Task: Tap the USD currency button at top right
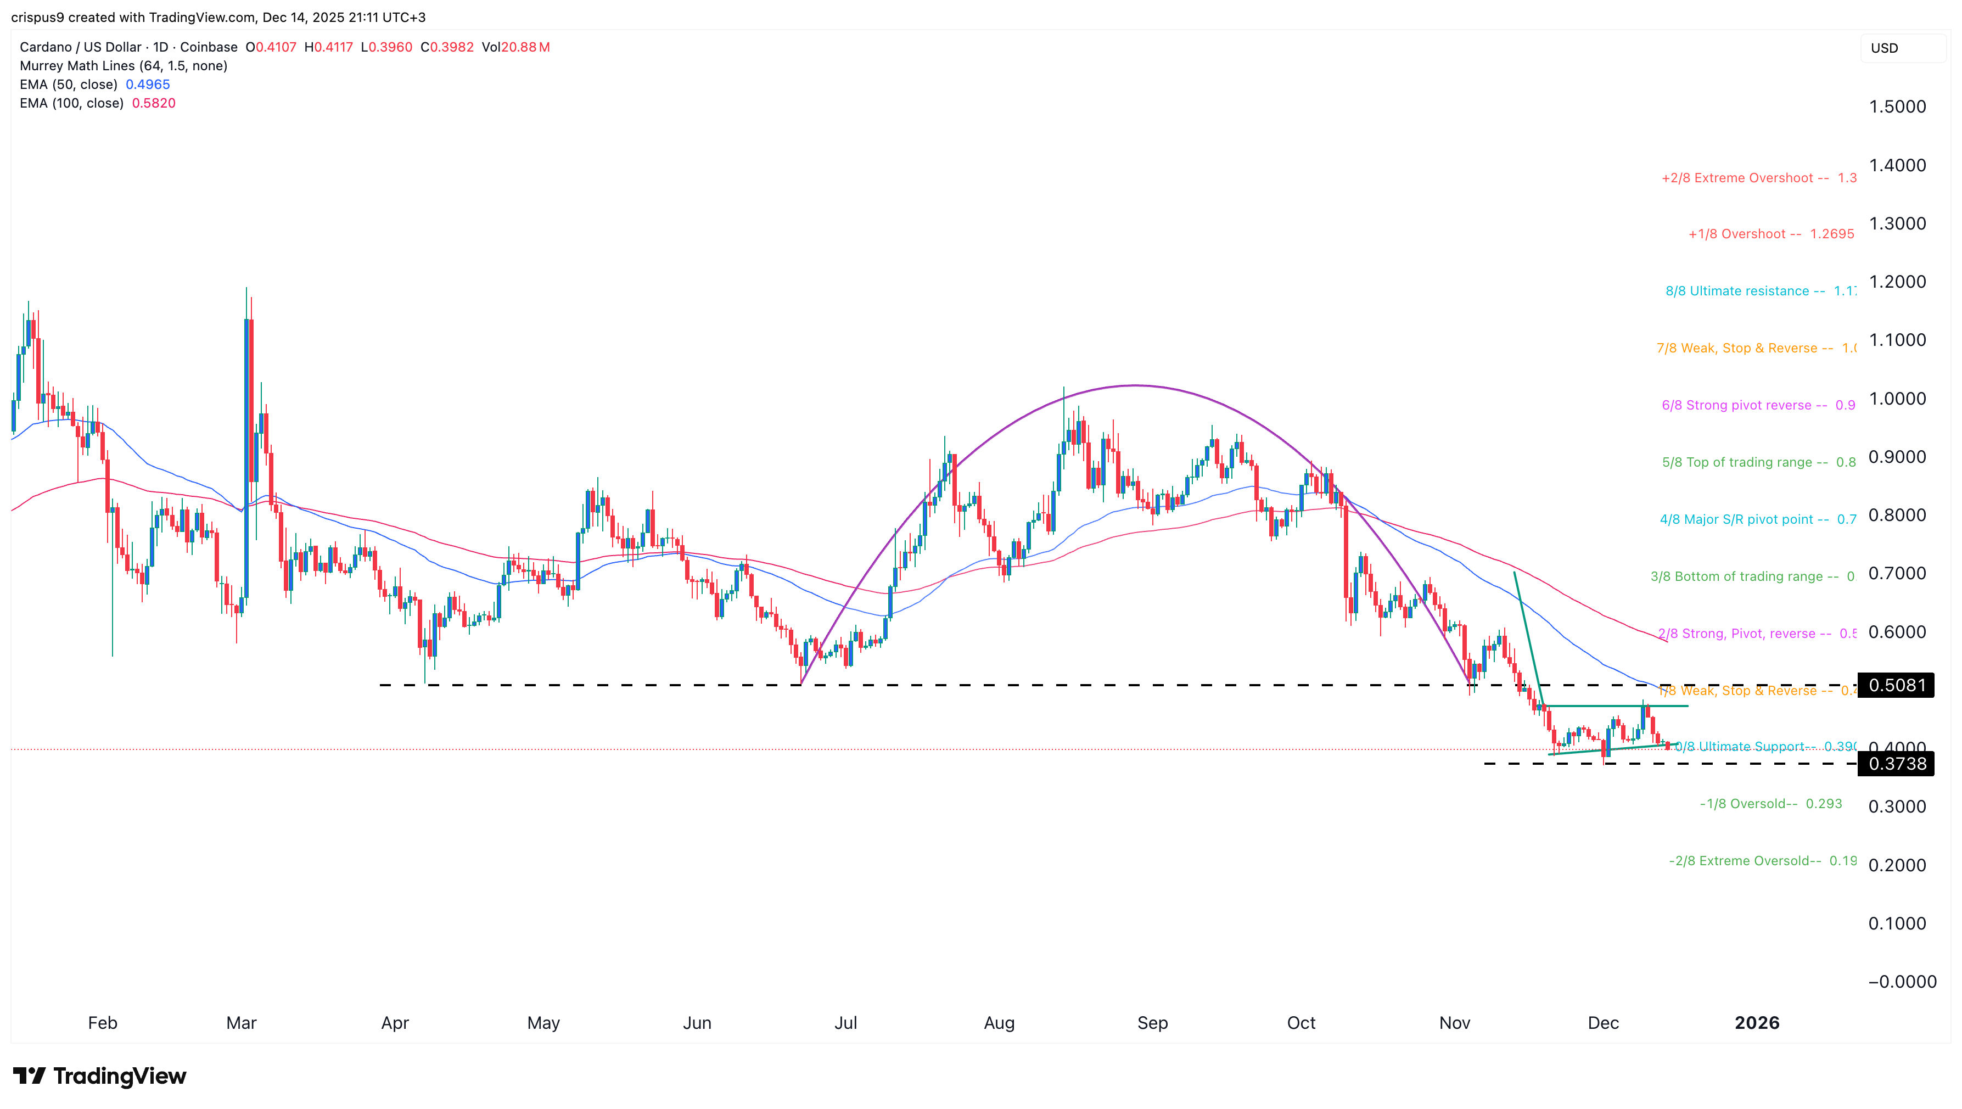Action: pos(1885,48)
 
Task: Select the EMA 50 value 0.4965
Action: pos(148,85)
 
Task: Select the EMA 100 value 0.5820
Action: pos(154,103)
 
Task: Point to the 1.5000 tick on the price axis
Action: pos(1897,107)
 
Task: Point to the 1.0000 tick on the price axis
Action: pos(1897,399)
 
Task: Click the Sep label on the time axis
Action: pos(1152,1023)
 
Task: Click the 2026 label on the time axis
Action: pos(1756,1023)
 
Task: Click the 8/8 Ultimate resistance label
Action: pos(1744,291)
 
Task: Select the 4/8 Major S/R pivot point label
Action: pos(1744,519)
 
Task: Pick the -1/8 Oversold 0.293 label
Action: pos(1770,804)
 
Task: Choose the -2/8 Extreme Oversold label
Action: pos(1744,861)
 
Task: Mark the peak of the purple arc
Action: pos(1135,385)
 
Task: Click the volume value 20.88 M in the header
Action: pos(525,47)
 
